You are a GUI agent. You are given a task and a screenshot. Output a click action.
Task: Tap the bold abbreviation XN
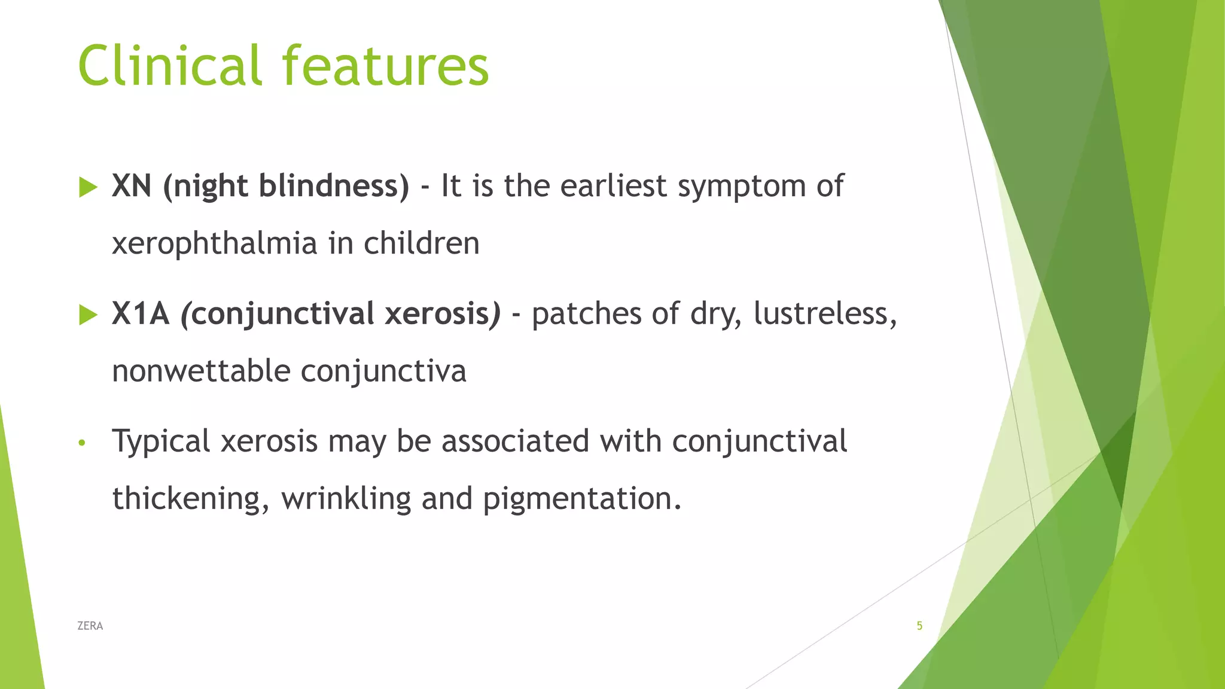[x=131, y=186]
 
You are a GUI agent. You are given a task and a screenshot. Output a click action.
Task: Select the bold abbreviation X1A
[x=141, y=313]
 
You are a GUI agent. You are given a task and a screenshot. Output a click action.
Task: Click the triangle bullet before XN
[x=88, y=187]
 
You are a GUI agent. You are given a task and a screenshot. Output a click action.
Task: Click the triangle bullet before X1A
[x=88, y=315]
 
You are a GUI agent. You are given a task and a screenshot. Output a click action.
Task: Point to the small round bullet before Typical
[x=83, y=443]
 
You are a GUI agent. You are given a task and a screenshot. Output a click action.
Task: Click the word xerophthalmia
[x=214, y=244]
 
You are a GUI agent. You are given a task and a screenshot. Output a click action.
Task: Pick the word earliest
[x=613, y=186]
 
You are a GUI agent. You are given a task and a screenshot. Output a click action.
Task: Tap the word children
[x=422, y=244]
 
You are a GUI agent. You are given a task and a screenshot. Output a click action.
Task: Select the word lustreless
[x=824, y=313]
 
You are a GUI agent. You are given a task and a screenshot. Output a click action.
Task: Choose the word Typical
[x=161, y=442]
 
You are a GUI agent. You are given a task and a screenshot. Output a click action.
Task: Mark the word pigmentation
[x=581, y=499]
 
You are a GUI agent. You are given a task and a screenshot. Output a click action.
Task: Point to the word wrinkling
[x=346, y=499]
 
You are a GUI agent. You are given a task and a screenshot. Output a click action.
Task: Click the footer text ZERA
[x=90, y=626]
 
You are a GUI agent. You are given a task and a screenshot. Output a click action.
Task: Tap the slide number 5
[x=919, y=626]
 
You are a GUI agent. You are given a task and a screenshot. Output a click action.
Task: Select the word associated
[x=515, y=441]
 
